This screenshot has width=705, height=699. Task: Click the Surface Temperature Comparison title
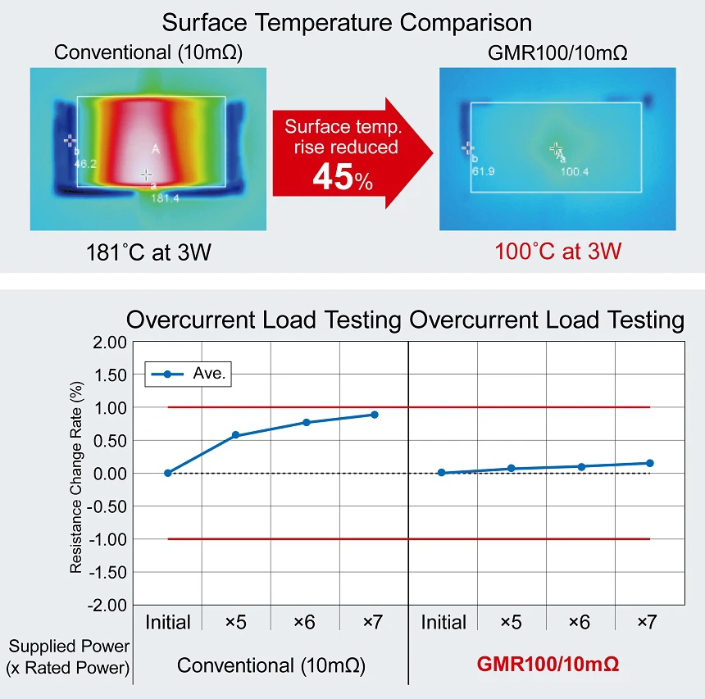pyautogui.click(x=347, y=21)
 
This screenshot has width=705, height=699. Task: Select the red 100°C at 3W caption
pyautogui.click(x=557, y=251)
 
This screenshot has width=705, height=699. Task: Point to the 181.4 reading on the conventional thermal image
pyautogui.click(x=165, y=197)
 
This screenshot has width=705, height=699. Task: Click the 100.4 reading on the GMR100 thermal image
pyautogui.click(x=575, y=171)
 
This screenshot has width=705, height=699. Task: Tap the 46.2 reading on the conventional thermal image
pyautogui.click(x=85, y=164)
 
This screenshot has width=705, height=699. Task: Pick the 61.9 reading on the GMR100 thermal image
pyautogui.click(x=483, y=171)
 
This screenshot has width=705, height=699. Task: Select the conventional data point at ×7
pyautogui.click(x=374, y=415)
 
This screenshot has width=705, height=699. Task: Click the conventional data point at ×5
pyautogui.click(x=236, y=435)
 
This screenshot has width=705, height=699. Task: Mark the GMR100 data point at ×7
pyautogui.click(x=649, y=463)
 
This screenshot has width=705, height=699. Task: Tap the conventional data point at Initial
pyautogui.click(x=168, y=473)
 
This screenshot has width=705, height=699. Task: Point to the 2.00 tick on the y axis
pyautogui.click(x=111, y=342)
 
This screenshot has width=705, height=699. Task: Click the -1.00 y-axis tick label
pyautogui.click(x=108, y=539)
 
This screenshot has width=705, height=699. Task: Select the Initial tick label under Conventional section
pyautogui.click(x=168, y=623)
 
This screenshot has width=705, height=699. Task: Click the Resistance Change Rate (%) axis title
pyautogui.click(x=76, y=474)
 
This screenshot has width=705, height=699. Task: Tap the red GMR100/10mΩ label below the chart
pyautogui.click(x=548, y=665)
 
